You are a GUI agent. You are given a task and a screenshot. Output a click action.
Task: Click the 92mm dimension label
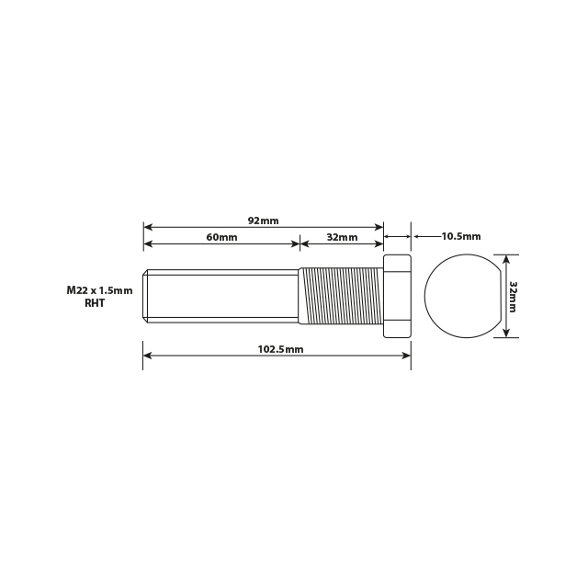coord(263,220)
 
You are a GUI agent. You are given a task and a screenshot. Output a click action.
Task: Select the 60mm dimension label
coord(221,237)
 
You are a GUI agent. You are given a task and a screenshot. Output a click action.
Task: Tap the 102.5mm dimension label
coord(281,350)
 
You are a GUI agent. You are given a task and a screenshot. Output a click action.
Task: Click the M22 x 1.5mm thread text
coord(99,290)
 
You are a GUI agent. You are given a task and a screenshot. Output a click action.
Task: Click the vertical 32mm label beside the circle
coord(513,296)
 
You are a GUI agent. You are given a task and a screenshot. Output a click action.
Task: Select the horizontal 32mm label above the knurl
coord(342,237)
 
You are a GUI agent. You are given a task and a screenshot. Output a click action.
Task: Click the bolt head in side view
coord(397,296)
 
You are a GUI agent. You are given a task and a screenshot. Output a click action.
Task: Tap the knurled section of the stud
coord(341,296)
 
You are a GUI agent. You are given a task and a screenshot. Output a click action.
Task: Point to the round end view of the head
coord(459,296)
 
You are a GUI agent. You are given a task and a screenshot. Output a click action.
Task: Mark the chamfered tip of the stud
coord(145,296)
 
